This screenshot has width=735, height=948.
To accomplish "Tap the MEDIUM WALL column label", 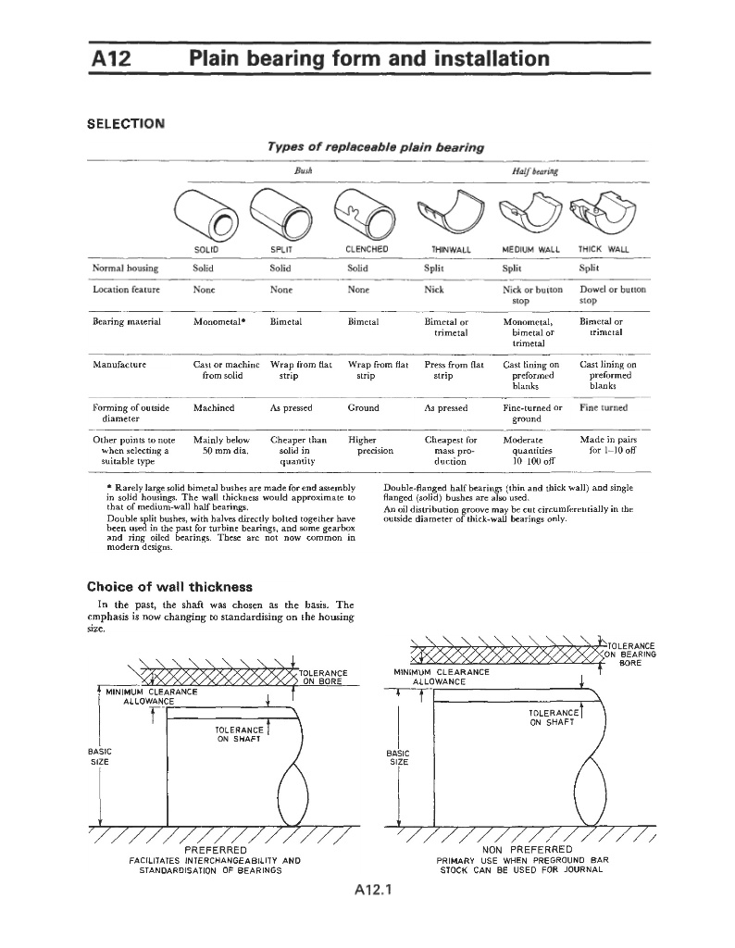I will pos(530,249).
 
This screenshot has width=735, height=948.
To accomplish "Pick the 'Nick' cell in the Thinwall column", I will pos(433,289).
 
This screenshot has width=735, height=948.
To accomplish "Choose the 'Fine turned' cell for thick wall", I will pos(603,407).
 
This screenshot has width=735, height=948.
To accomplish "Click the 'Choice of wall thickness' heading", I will pos(168,586).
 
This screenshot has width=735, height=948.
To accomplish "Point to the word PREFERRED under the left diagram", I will pos(216,850).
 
